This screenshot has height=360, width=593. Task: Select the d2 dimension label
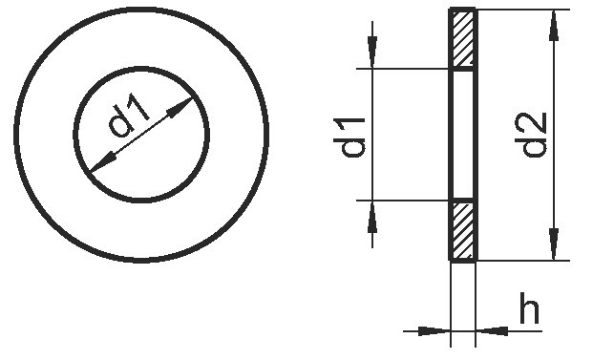click(534, 135)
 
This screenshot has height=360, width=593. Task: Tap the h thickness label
click(529, 307)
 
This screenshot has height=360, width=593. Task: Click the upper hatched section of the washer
click(462, 37)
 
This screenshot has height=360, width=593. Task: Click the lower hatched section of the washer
click(462, 230)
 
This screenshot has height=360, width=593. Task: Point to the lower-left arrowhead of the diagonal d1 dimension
click(104, 162)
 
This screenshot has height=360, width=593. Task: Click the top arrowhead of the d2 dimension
click(554, 26)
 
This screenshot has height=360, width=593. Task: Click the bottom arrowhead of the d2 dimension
click(554, 244)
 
